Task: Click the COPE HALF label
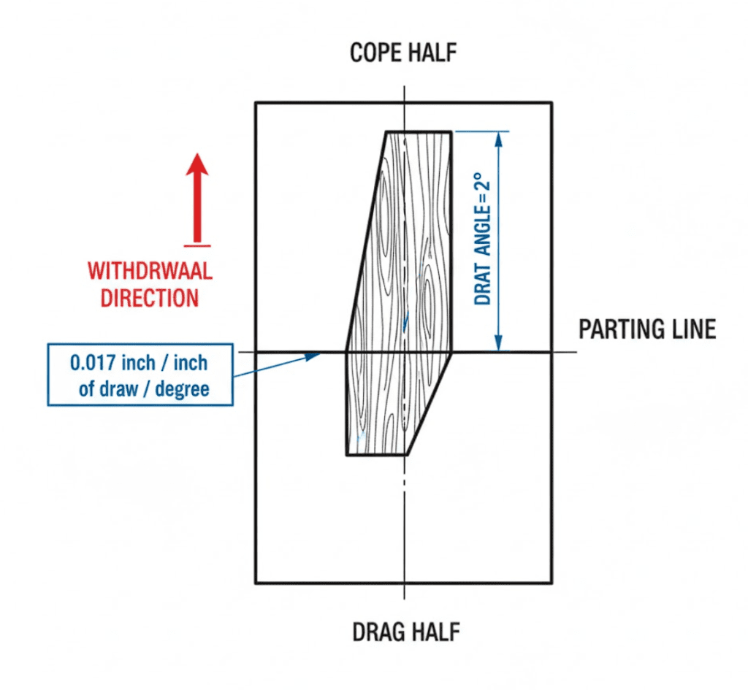point(404,53)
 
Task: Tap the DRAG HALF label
point(406,632)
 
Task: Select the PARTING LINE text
point(647,330)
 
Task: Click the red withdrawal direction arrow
point(196,198)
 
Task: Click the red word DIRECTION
point(150,298)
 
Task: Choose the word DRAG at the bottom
point(378,632)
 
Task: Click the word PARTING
point(619,330)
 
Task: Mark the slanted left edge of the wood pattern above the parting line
point(366,241)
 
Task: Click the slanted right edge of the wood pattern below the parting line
point(430,403)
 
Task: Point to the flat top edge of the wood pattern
point(418,132)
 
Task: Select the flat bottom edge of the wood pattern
point(376,455)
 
